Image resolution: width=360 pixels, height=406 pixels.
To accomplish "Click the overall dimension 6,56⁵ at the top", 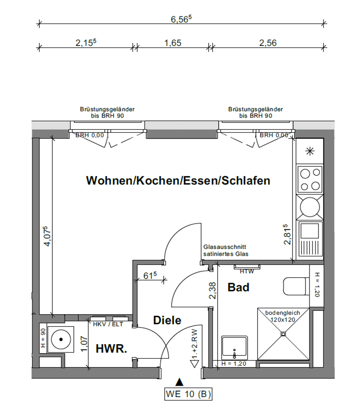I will (x=181, y=19).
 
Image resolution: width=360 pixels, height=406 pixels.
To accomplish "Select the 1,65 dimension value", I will (x=172, y=43).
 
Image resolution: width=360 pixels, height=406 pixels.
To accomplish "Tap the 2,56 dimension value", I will (x=268, y=43).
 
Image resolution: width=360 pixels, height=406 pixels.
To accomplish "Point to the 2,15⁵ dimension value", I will (x=85, y=43).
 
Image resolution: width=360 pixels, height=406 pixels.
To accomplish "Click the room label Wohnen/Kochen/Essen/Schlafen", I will (x=178, y=181).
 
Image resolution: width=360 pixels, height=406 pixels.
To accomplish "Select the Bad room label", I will (x=238, y=287).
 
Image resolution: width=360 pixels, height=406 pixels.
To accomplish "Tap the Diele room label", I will (x=167, y=321).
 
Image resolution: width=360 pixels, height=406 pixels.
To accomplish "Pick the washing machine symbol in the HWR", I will (x=60, y=339).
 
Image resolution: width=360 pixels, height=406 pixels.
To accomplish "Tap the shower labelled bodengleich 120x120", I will (x=283, y=334).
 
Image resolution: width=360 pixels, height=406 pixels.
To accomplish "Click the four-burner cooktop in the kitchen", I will (x=310, y=180).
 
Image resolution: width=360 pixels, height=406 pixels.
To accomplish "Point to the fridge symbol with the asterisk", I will (x=310, y=151).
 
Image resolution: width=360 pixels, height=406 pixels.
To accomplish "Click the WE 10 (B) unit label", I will (x=188, y=394).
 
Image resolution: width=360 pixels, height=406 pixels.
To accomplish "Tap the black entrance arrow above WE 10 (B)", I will (x=180, y=382).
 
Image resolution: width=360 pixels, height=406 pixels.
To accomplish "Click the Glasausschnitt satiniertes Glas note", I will (x=225, y=250).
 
